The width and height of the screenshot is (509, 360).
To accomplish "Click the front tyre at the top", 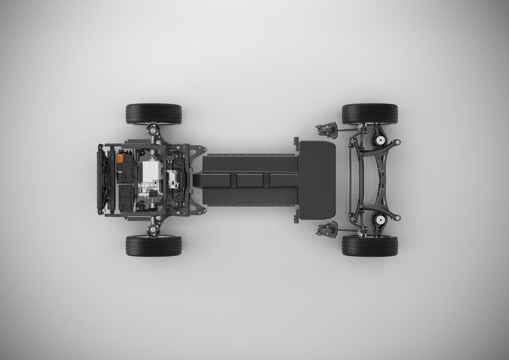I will pos(153,113).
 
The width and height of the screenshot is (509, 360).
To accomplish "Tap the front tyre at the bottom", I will pos(153,245).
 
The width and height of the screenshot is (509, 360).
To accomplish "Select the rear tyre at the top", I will pos(370,113).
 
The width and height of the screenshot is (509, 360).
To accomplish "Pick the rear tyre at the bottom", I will pos(370,245).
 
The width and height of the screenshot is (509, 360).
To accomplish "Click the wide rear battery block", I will pos(317,180).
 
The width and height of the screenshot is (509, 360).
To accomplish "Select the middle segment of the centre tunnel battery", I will pos(250,180).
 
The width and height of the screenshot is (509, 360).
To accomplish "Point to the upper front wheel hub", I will pos(156,135).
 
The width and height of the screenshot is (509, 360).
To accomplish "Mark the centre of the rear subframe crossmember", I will pos(362,180).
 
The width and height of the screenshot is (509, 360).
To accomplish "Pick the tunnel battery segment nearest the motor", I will pos(219,180).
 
